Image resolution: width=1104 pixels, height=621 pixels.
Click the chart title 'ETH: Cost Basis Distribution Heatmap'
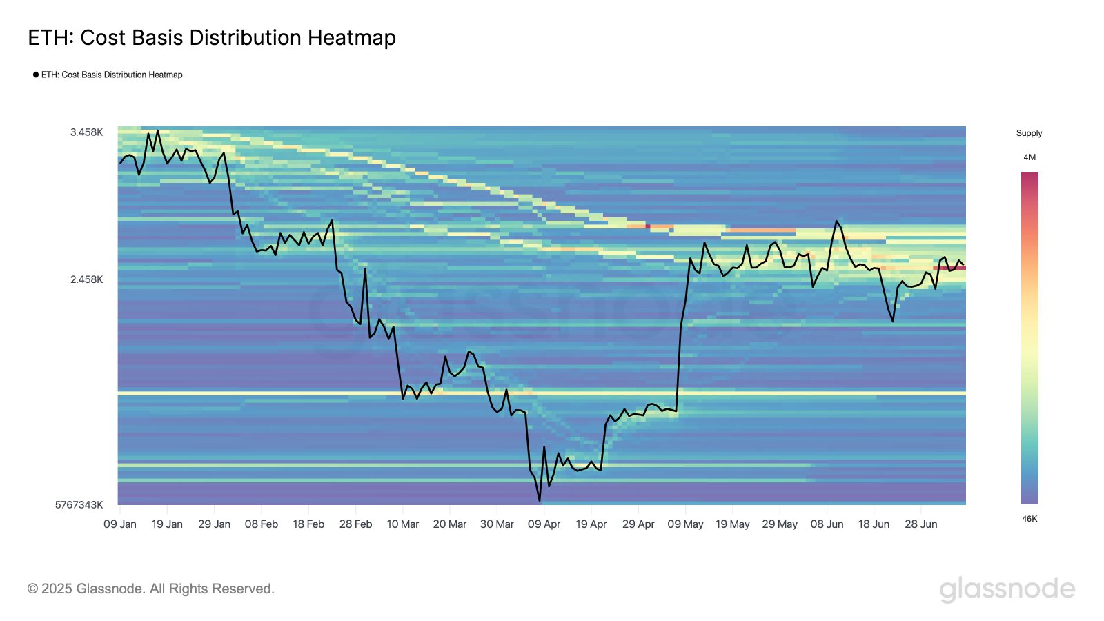212,37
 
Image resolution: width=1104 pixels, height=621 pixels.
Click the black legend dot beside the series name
36,75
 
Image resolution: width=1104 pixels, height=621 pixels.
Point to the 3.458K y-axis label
86,132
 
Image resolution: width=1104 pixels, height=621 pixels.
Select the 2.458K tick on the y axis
86,279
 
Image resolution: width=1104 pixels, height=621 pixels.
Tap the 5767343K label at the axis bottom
79,504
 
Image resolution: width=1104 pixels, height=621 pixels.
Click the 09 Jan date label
120,524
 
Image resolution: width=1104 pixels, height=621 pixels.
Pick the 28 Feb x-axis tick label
355,524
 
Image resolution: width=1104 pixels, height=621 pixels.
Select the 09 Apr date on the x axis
544,524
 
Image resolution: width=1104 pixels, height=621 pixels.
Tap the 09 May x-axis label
685,524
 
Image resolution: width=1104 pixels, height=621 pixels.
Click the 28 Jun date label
920,524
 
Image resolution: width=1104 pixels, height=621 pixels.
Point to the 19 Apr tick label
591,524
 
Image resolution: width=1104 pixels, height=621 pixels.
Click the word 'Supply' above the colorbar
1029,133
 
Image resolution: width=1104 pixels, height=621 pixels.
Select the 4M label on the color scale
1029,157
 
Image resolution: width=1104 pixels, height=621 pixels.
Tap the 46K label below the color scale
1029,519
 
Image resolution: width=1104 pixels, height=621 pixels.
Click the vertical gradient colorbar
1029,338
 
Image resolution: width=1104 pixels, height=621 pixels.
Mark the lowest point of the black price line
540,500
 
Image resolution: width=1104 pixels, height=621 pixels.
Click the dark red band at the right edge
949,268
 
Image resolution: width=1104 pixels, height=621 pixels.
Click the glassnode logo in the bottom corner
1007,589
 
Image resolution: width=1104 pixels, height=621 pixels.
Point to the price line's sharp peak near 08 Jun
836,221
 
